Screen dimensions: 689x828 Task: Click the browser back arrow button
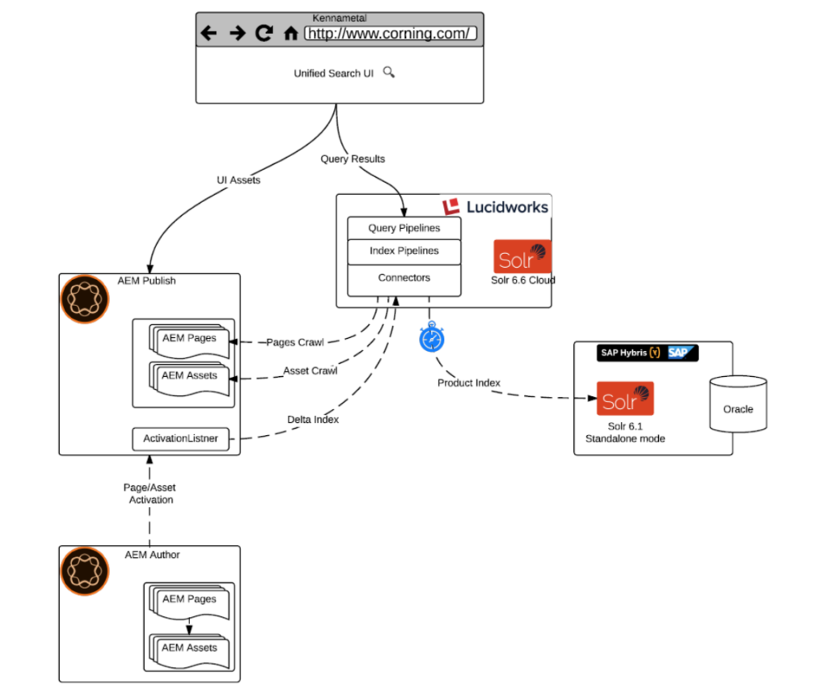point(209,33)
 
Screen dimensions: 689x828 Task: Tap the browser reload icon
point(264,33)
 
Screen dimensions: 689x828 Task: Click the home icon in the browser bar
point(291,34)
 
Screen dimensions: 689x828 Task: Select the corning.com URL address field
point(390,33)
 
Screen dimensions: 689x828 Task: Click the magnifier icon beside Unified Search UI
point(388,72)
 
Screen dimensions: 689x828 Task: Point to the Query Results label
point(353,159)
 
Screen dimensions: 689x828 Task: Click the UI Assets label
point(239,180)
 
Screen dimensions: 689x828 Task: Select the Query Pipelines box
point(403,228)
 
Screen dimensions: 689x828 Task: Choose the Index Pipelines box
point(403,251)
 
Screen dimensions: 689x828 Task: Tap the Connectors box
point(403,278)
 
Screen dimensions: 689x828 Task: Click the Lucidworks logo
point(496,207)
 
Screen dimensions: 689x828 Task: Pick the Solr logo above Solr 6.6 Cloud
point(522,256)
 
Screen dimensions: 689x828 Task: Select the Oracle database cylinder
point(737,404)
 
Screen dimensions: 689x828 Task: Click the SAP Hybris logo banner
point(648,353)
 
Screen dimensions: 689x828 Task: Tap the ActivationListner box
point(180,439)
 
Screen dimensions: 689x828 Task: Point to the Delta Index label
point(313,420)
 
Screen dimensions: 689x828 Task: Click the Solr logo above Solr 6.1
point(625,399)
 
